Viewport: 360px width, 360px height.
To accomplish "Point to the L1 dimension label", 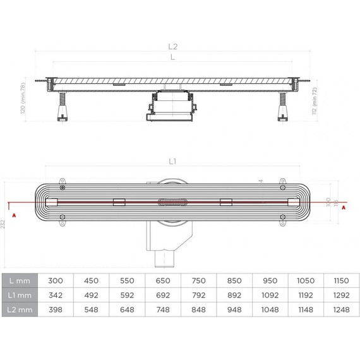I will (x=172, y=162).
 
